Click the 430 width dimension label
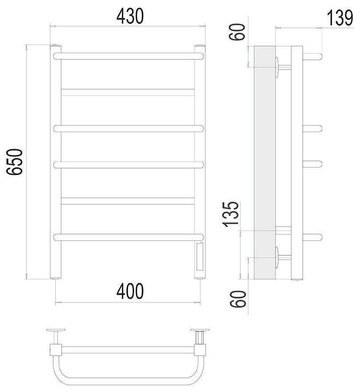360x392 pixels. point(130,16)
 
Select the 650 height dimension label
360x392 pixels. point(15,162)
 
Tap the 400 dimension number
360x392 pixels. point(130,291)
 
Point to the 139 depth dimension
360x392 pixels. point(340,18)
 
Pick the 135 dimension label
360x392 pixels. point(231,214)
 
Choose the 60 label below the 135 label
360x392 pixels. point(238,299)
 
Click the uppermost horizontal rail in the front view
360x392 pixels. point(129,56)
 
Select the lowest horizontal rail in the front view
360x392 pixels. point(129,237)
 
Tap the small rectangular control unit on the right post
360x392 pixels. point(200,257)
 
